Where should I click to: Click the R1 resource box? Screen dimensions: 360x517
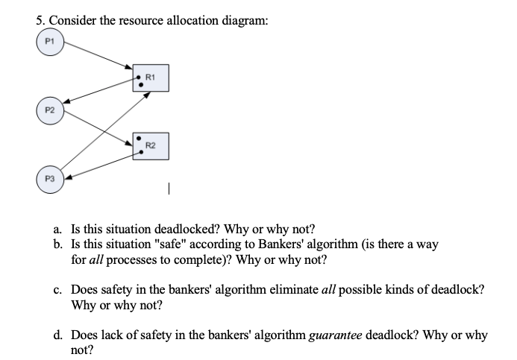(150, 78)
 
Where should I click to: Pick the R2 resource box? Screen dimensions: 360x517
(150, 145)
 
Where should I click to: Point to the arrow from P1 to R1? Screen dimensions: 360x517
(97, 58)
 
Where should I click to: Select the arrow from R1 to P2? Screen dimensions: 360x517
(97, 95)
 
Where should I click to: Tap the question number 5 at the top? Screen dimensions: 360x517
(40, 21)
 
